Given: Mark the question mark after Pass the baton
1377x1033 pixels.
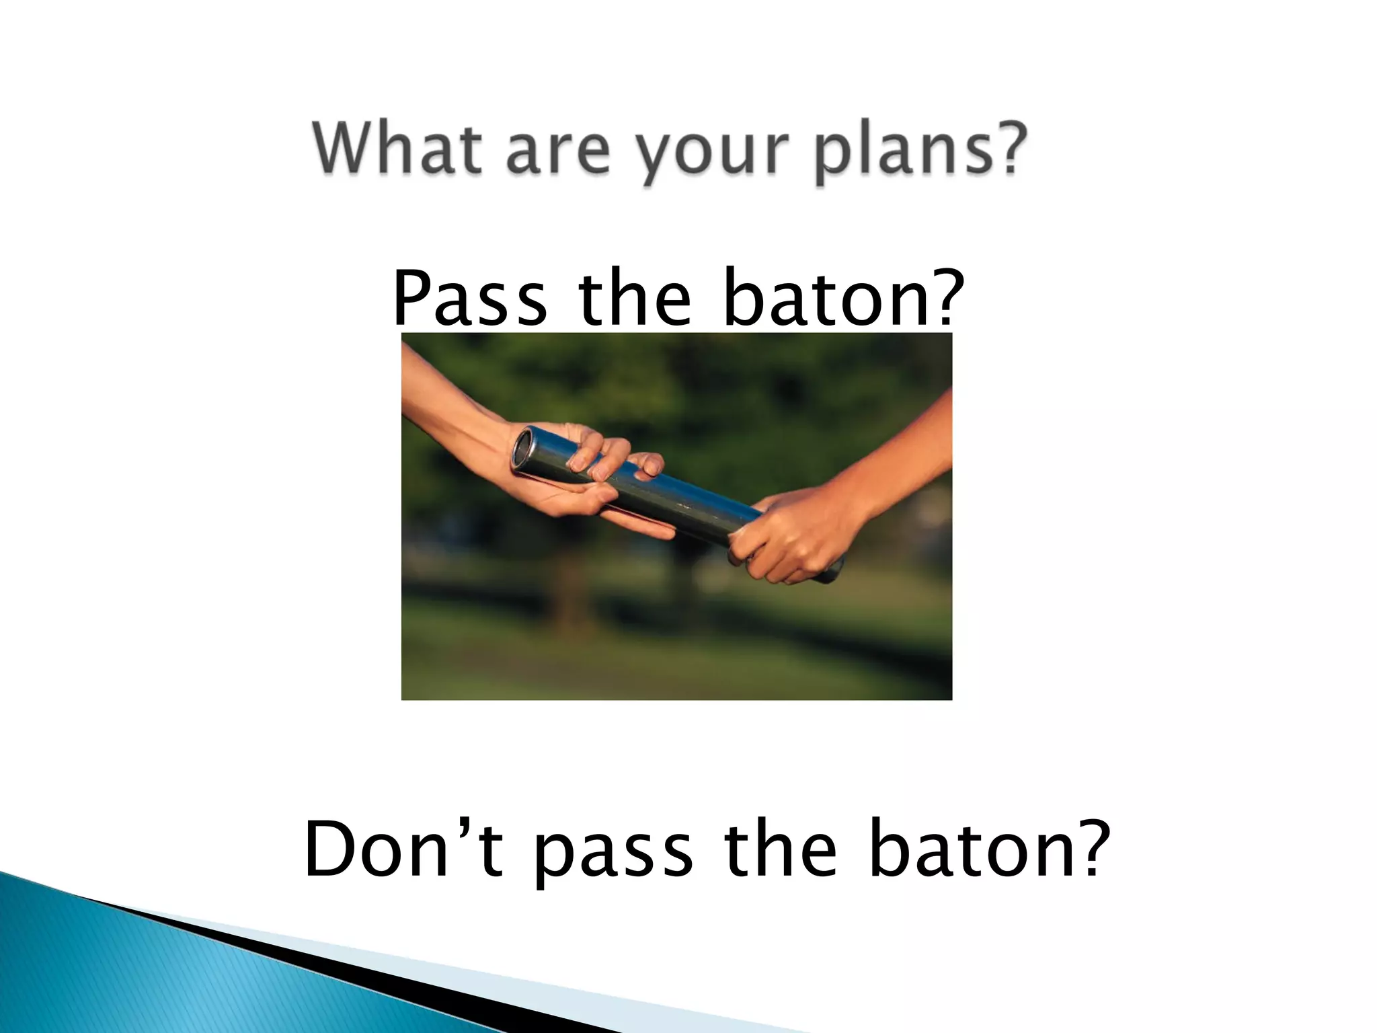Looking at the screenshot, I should (939, 297).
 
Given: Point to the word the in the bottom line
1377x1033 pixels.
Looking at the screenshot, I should (780, 848).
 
